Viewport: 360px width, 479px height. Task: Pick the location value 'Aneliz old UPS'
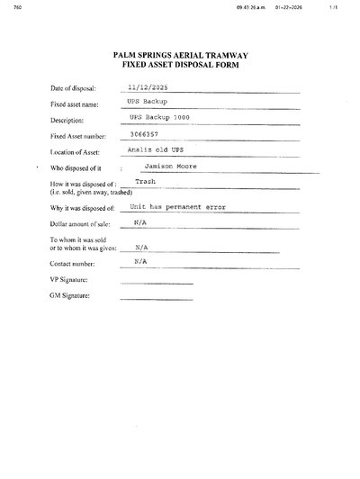click(151, 150)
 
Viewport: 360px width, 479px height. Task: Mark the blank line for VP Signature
click(156, 284)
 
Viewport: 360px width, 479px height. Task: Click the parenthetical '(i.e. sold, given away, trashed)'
click(98, 192)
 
